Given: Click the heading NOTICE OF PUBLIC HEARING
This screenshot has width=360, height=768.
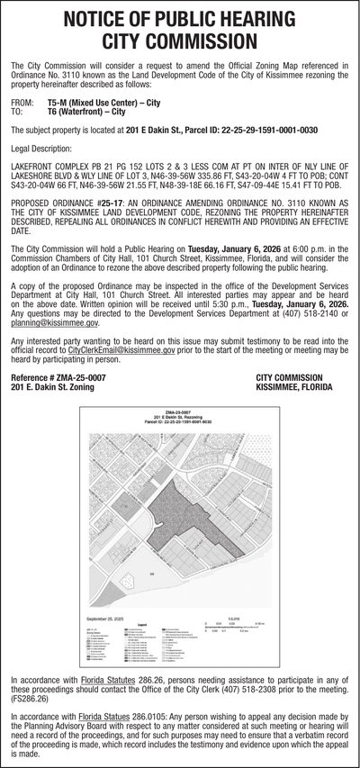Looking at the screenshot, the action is pyautogui.click(x=180, y=19).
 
